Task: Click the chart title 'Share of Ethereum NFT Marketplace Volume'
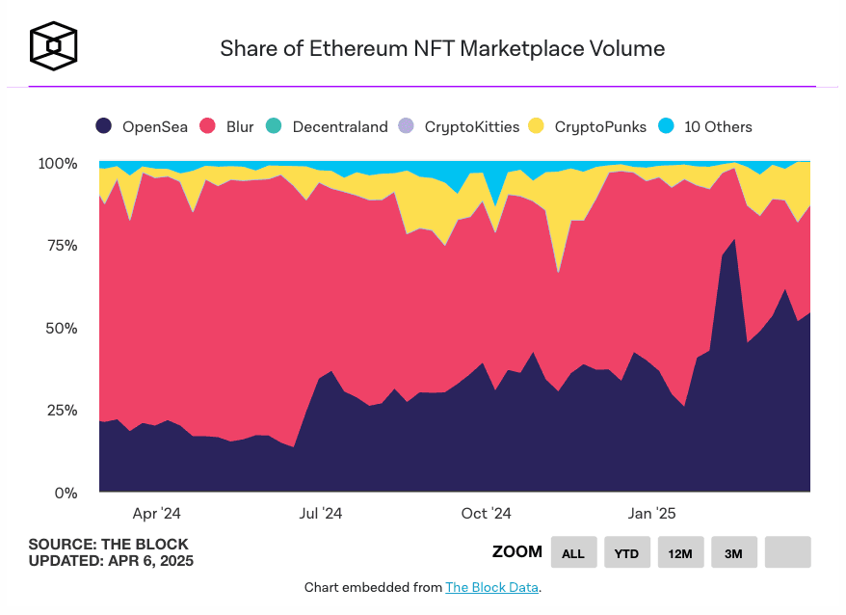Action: [442, 48]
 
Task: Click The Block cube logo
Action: [54, 46]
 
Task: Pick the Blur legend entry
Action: [227, 126]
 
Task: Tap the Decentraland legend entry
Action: [328, 126]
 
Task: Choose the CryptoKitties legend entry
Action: [460, 126]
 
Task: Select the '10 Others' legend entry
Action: [705, 126]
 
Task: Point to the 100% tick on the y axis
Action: [57, 164]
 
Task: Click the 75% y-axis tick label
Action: [60, 246]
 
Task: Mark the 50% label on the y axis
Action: [60, 329]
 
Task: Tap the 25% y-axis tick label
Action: [60, 411]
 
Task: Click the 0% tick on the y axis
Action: [64, 494]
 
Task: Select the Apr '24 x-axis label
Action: [157, 514]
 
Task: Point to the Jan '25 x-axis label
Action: [652, 514]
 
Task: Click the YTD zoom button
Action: [627, 552]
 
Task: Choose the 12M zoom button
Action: [680, 552]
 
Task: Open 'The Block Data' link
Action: [491, 587]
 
